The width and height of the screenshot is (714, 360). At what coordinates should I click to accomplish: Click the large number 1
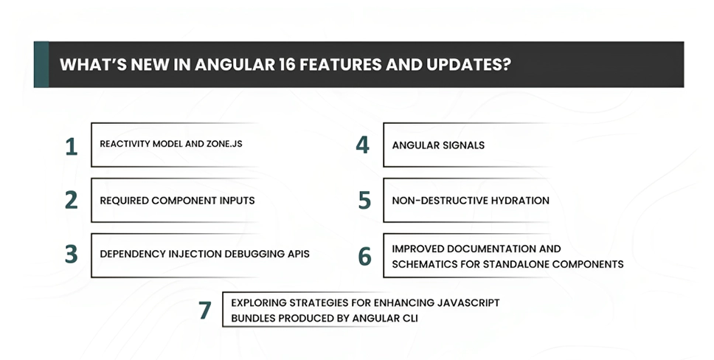click(x=72, y=145)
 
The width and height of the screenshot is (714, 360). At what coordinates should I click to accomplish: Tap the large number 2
click(x=72, y=200)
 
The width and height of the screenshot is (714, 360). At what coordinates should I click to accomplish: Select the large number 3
click(x=72, y=255)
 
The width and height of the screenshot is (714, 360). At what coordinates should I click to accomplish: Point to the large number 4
click(x=362, y=145)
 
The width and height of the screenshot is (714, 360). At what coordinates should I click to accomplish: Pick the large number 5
click(x=364, y=200)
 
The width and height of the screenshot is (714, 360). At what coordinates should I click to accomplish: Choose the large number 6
click(x=365, y=256)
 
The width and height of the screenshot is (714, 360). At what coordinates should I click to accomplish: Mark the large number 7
click(x=205, y=310)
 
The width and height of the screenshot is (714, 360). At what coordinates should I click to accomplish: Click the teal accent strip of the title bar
click(x=41, y=64)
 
